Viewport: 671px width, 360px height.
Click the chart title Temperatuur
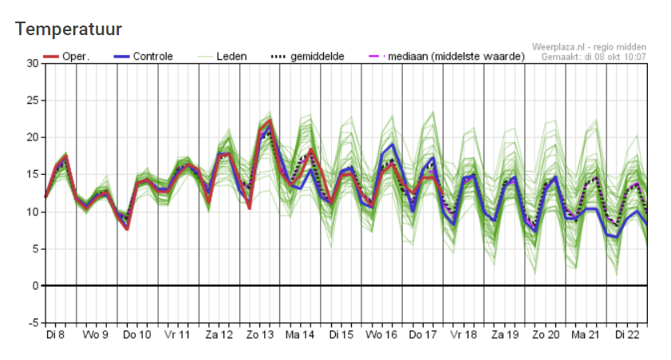68,30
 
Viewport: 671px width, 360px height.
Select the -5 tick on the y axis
32,322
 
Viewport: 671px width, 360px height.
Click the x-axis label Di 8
55,335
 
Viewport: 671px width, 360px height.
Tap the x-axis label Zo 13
260,335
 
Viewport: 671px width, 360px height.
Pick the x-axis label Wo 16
382,335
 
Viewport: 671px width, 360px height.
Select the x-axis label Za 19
504,335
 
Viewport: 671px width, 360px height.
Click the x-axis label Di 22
626,335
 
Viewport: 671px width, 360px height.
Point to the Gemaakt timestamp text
594,56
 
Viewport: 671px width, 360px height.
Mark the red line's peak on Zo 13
270,121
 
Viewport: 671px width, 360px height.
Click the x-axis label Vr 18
464,335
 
